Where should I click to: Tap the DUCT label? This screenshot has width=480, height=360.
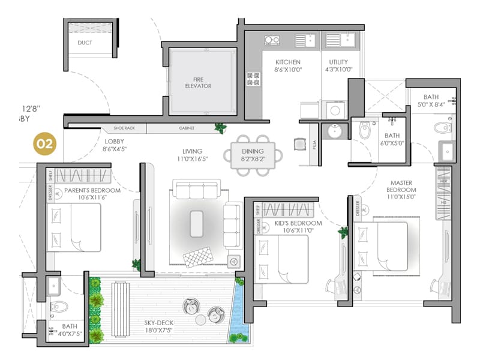click(85, 43)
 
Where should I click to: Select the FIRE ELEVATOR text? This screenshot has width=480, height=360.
click(198, 82)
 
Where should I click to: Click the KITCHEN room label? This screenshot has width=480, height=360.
click(287, 62)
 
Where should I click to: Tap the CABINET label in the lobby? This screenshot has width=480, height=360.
click(187, 128)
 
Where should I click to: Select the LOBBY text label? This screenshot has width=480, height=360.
click(114, 142)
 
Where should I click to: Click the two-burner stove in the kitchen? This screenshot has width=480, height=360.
click(272, 41)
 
